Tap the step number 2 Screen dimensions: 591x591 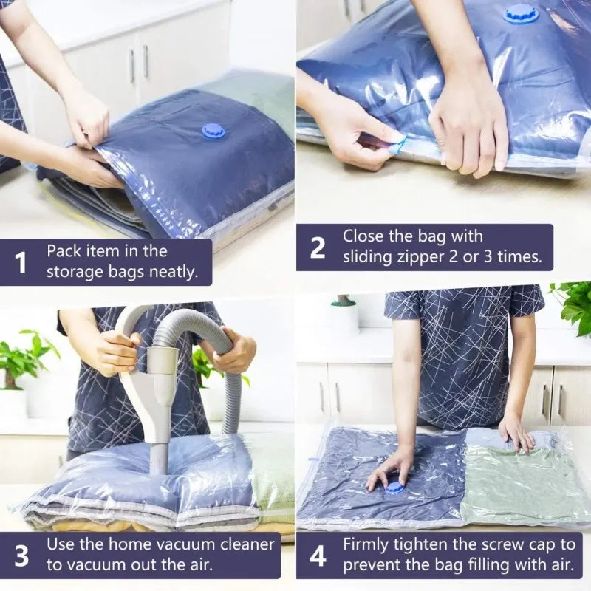tap(317, 248)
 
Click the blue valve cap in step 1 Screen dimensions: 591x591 tap(213, 131)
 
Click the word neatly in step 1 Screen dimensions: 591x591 tap(173, 272)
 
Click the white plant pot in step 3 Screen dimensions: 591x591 tap(13, 403)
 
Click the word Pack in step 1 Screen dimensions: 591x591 tap(64, 250)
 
